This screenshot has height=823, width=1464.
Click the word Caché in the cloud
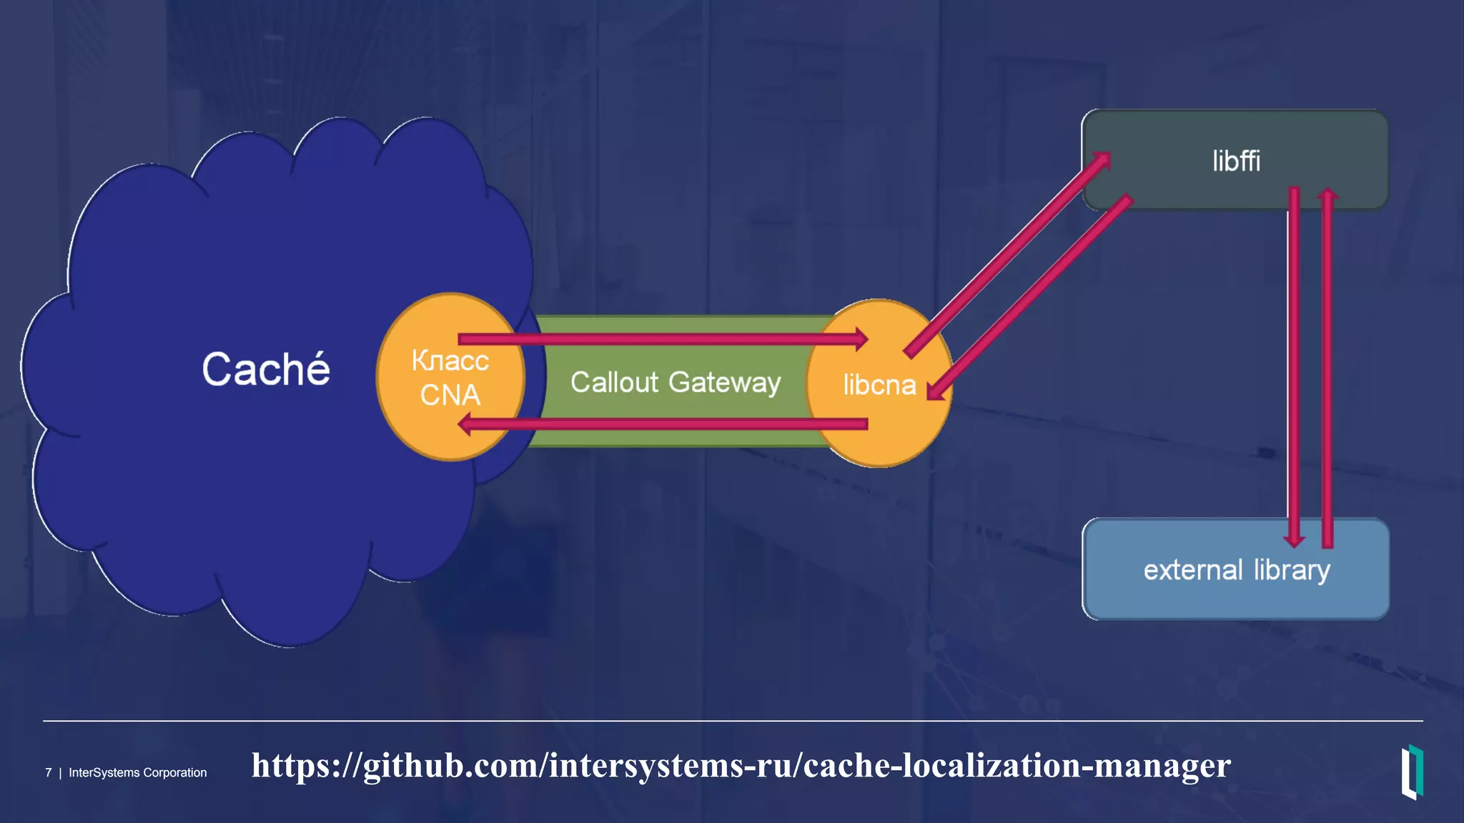click(266, 369)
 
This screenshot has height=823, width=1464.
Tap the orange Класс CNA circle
click(450, 376)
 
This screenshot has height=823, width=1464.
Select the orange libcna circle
click(879, 384)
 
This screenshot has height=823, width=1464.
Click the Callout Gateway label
click(675, 382)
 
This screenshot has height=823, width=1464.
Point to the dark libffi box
click(1235, 159)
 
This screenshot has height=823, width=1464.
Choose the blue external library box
click(1235, 569)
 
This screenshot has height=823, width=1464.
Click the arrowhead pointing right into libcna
click(861, 339)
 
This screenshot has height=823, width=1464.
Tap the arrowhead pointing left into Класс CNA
click(465, 425)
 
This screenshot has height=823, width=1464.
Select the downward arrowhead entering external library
click(1294, 540)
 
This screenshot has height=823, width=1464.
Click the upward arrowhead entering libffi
click(1327, 194)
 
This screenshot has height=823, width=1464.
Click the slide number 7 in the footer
click(49, 773)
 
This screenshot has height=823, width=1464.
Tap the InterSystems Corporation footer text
click(137, 773)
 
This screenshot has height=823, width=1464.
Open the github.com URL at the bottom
click(741, 765)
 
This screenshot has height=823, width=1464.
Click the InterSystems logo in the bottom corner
click(1412, 772)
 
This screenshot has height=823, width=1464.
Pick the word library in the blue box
click(1292, 570)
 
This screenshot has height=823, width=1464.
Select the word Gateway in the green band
click(724, 383)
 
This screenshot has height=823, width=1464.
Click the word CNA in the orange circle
click(450, 395)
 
